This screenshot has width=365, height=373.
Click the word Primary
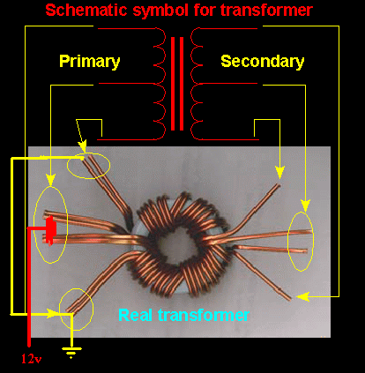point(90,62)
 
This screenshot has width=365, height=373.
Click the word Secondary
point(263,62)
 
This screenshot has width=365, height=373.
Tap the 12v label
point(31,359)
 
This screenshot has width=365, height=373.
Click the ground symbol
point(71,352)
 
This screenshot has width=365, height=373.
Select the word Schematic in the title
point(86,10)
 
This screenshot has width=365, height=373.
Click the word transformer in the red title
point(266,10)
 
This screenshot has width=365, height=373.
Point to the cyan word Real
point(136,315)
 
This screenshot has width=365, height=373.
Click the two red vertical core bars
point(177,84)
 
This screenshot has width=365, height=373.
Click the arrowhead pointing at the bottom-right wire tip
point(303,297)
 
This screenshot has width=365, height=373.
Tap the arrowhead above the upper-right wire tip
point(279,173)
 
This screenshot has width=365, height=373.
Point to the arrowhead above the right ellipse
point(305,205)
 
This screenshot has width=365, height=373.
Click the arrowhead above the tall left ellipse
point(51,180)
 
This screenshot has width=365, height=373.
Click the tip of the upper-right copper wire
point(279,184)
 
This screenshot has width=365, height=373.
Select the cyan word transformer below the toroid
point(204,315)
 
